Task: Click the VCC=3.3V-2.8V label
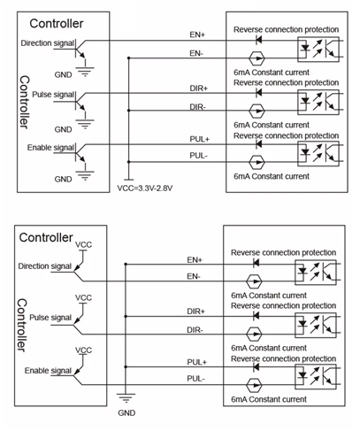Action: point(145,188)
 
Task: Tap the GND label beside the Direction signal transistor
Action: point(63,74)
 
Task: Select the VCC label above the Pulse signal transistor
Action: point(83,297)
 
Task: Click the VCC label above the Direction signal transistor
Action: point(83,244)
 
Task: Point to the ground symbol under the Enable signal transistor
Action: point(85,175)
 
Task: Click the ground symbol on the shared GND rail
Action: point(126,398)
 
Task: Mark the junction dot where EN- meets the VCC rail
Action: point(128,58)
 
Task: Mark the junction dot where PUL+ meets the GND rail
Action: point(126,367)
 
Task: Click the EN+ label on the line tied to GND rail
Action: point(195,260)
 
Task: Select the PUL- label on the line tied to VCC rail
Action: point(199,156)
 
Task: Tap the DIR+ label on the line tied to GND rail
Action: point(196,312)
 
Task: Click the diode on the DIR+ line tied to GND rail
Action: point(256,316)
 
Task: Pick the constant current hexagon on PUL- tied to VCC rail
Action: point(257,162)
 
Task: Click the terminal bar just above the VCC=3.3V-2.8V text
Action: point(128,180)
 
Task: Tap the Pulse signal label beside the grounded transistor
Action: point(53,95)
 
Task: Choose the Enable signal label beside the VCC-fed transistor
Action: point(48,371)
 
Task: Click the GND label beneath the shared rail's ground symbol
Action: point(126,412)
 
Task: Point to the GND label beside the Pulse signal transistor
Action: point(63,129)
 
